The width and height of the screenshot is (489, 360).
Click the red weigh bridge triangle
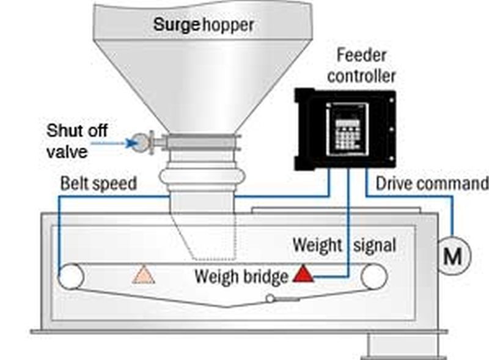pos(303,274)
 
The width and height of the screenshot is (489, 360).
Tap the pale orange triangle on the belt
pos(144,276)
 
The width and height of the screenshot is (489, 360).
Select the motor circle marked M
pos(454,255)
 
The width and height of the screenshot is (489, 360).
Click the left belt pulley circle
pos(71,277)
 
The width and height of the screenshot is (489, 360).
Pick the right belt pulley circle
pos(374,277)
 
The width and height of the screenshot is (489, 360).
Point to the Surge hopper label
pos(204,25)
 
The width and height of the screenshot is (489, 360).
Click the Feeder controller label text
pos(362,66)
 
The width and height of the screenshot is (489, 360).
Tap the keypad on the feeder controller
pos(347,134)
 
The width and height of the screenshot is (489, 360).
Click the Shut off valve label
pos(77,141)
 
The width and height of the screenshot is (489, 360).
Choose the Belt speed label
pos(98,183)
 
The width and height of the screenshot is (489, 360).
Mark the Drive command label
pos(432,183)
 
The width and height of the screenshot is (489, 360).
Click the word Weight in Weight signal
pos(317,245)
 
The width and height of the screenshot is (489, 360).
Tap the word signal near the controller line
pos(375,245)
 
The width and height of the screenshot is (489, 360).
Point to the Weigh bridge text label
pos(241,276)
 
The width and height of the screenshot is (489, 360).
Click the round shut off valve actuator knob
pos(140,142)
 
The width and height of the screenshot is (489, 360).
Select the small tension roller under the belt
pos(270,298)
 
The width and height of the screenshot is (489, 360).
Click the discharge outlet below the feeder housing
pos(407,347)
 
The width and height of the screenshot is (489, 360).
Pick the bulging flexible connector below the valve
pos(202,176)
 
